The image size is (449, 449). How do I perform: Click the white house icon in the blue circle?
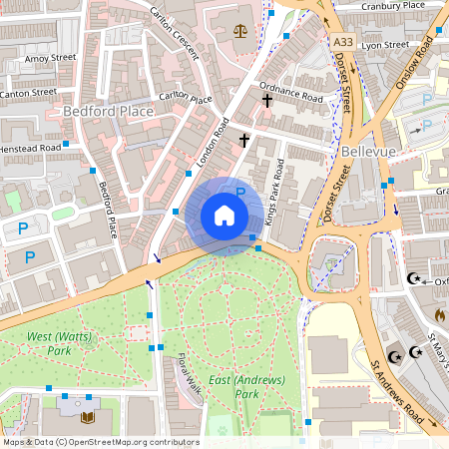pos(224,216)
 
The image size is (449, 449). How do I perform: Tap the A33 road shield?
pos(343,41)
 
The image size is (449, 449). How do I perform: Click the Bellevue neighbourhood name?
pos(368,151)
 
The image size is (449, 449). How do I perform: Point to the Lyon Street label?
pos(384,45)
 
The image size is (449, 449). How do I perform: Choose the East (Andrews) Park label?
pos(246,387)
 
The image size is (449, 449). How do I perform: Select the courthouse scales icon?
pos(239,30)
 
